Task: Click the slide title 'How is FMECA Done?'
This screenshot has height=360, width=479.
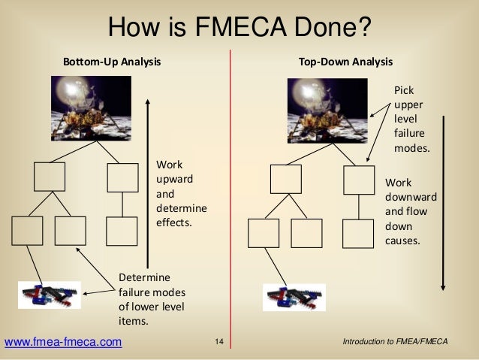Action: click(239, 27)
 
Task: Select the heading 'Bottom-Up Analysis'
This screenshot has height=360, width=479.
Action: click(111, 62)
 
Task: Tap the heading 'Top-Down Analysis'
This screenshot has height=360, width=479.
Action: click(345, 62)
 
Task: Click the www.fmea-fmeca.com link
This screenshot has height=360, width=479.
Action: click(63, 343)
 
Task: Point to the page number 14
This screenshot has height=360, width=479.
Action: click(219, 343)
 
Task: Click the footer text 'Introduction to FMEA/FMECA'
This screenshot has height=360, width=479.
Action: click(394, 343)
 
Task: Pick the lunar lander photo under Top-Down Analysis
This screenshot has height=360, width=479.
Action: click(324, 110)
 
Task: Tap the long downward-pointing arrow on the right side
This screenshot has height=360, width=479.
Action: click(444, 203)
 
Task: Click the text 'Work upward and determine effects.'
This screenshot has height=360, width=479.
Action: click(180, 194)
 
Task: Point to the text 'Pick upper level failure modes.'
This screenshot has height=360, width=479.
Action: click(412, 119)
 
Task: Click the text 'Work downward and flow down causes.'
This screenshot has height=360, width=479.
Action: click(410, 212)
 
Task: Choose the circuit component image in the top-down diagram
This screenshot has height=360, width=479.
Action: click(294, 296)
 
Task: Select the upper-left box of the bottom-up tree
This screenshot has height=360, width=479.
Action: click(50, 177)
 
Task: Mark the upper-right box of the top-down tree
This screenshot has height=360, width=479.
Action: click(358, 180)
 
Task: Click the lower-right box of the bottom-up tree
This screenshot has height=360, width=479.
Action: click(122, 231)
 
